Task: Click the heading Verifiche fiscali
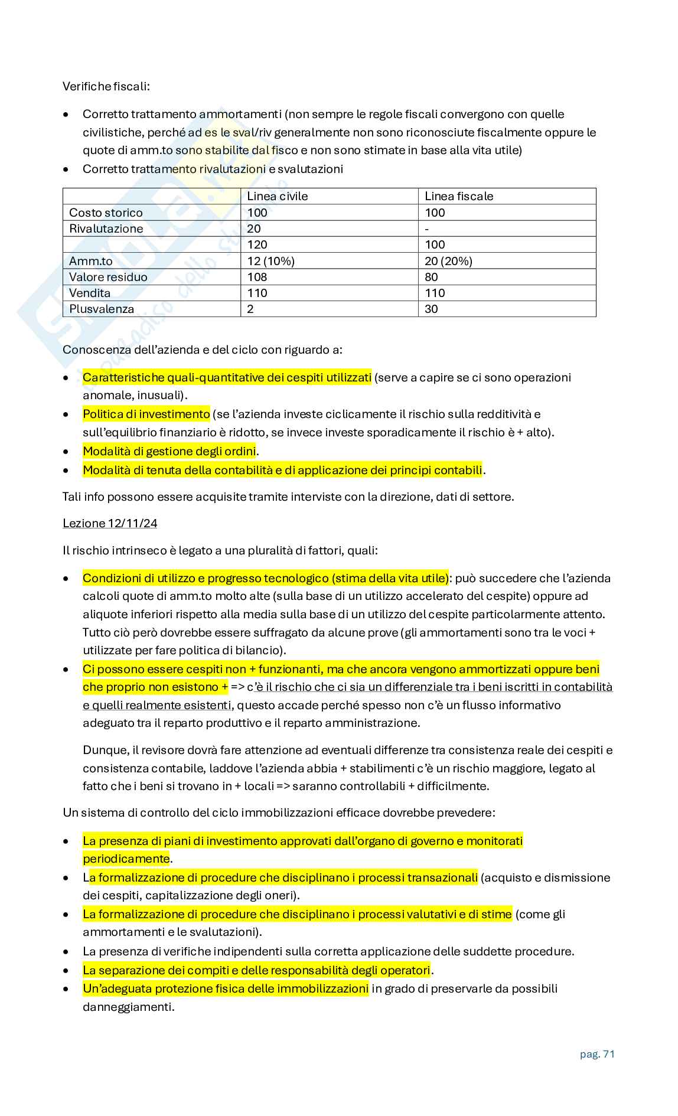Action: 106,87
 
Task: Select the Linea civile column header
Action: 277,196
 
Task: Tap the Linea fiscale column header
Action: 459,196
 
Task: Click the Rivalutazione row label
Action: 106,229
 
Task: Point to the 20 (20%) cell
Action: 448,261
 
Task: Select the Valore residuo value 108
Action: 257,277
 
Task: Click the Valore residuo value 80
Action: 431,277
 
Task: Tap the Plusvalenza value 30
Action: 431,309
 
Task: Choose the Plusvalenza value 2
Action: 250,309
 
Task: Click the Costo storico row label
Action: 106,213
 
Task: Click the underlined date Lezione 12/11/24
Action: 110,523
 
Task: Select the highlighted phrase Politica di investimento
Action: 146,414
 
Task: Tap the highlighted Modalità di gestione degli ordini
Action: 169,451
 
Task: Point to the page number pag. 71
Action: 597,1054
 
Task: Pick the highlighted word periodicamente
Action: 126,859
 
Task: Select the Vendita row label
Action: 90,293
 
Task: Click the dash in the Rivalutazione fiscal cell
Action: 427,229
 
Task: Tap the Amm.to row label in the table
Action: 91,261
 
